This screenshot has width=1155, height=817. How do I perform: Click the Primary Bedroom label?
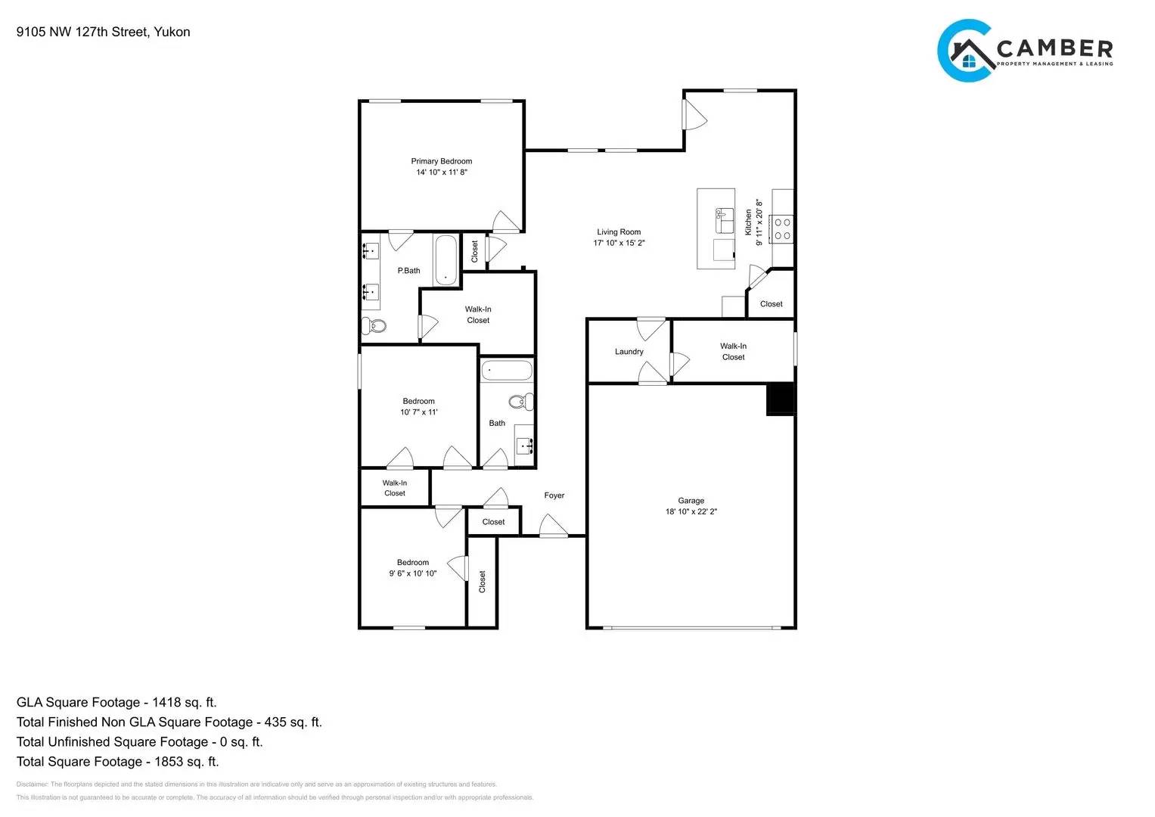441,161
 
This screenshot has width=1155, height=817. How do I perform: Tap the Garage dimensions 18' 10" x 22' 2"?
691,511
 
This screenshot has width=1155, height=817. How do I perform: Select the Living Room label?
618,232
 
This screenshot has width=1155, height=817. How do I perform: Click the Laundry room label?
629,352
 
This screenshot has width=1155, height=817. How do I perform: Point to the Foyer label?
554,495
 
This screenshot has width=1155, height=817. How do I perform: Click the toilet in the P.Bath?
374,326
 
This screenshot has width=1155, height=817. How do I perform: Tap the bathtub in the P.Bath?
446,260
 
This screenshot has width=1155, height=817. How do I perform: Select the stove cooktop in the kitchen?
782,229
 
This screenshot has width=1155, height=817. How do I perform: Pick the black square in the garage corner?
781,399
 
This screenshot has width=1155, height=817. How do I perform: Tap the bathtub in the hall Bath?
507,371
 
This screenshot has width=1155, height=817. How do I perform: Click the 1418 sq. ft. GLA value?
184,702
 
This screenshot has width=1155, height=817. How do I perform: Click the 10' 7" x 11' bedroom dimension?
418,412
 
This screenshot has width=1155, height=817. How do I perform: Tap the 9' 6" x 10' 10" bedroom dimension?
412,573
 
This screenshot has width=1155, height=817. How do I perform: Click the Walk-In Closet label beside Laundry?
733,352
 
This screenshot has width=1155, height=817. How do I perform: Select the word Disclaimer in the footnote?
32,784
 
